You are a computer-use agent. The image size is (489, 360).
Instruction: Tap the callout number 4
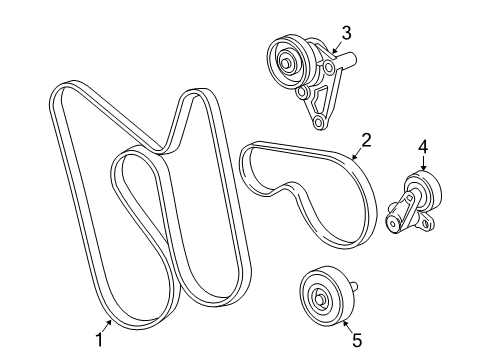(423, 148)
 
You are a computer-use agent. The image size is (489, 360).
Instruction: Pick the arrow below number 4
(422, 166)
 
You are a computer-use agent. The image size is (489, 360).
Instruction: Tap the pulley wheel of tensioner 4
(417, 188)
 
